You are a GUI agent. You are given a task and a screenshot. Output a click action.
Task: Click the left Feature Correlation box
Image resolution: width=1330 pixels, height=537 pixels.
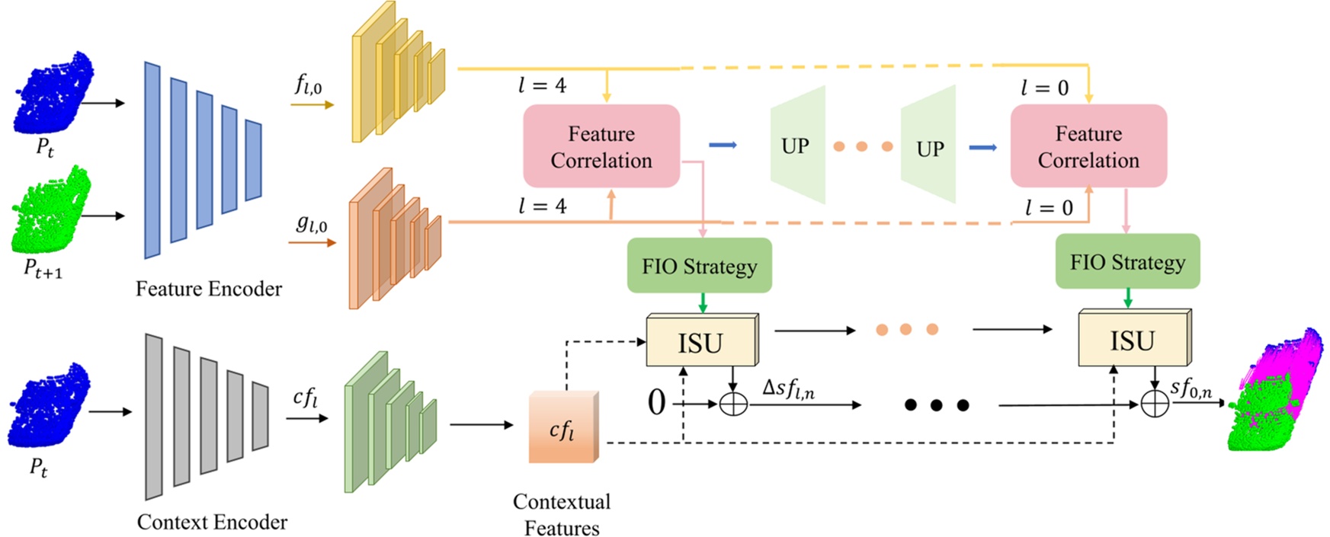(x=601, y=146)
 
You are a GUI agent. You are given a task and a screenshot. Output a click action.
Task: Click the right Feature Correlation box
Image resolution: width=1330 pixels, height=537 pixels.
(x=1088, y=146)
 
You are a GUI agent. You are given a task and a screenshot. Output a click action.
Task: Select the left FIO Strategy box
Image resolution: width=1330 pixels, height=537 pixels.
(x=699, y=266)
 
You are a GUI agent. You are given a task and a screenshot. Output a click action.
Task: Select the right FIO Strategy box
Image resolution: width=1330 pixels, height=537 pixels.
(x=1126, y=262)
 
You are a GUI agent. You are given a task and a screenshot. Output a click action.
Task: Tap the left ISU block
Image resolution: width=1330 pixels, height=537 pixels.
(x=700, y=342)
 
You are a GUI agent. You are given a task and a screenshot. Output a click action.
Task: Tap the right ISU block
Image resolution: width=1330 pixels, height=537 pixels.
(x=1132, y=340)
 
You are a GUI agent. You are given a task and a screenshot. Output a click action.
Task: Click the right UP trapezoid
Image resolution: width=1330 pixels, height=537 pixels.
(x=929, y=146)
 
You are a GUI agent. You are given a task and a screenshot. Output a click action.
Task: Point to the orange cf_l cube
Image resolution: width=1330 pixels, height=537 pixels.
(x=562, y=429)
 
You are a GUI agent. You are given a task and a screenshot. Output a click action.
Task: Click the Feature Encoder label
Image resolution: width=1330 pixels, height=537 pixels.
(x=208, y=289)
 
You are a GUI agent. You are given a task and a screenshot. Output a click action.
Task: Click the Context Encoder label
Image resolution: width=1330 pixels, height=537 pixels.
(x=212, y=522)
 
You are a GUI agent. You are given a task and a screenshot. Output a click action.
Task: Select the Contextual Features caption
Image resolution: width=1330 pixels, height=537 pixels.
(x=562, y=514)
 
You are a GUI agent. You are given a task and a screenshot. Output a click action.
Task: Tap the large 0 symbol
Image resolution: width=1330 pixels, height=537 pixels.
(x=656, y=401)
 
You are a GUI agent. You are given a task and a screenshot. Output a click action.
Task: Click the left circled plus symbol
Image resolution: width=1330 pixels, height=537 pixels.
(x=733, y=404)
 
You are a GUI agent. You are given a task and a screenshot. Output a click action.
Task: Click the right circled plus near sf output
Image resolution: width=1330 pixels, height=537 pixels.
(x=1154, y=404)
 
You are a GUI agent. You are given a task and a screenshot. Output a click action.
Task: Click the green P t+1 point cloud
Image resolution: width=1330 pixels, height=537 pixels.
(x=50, y=212)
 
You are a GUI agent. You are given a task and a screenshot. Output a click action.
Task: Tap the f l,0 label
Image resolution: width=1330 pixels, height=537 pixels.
(x=309, y=85)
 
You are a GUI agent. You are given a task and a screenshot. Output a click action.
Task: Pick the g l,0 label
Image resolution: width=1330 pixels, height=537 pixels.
(x=311, y=224)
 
